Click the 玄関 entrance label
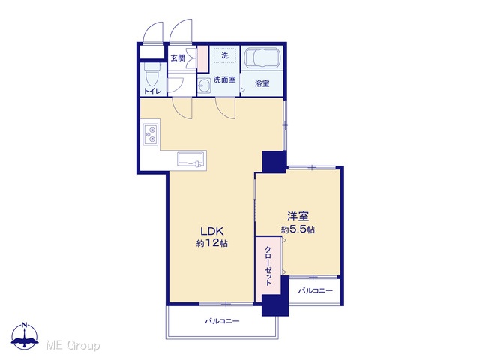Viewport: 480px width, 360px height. (178, 58)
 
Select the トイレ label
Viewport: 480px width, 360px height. (152, 91)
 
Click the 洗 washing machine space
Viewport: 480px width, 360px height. (225, 55)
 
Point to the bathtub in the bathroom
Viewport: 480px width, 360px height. (262, 58)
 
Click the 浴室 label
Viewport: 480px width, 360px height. (262, 83)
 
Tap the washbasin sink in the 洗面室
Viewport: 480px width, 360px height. (203, 85)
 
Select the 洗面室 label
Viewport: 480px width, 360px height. (225, 79)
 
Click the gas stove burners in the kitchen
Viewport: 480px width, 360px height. (151, 134)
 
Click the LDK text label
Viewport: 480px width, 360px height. (212, 231)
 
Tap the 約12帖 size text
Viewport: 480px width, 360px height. (211, 243)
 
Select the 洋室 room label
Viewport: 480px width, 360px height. (298, 217)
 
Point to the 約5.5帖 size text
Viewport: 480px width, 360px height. (298, 229)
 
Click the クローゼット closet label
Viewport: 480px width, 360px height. (268, 265)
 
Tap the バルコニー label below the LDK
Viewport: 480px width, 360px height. (222, 321)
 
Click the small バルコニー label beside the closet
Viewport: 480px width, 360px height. (316, 290)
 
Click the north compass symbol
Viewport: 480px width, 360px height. (25, 336)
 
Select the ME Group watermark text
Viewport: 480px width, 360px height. (73, 345)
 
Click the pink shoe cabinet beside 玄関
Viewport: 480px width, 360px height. (202, 58)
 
